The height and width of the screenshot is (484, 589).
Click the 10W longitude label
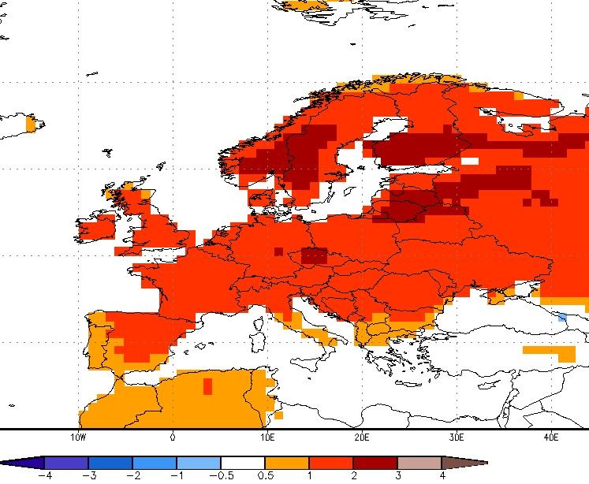tap(78, 437)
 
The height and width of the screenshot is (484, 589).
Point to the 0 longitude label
tap(173, 437)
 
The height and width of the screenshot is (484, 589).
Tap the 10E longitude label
tap(267, 437)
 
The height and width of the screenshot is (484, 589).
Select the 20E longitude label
tap(362, 437)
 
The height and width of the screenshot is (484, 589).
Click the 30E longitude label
tap(457, 437)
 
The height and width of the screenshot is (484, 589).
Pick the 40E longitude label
tap(551, 437)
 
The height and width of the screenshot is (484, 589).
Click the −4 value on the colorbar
tap(45, 476)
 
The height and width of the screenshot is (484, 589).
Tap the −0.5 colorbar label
tap(222, 476)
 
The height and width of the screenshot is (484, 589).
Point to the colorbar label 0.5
tap(265, 476)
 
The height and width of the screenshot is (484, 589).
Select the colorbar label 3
tap(398, 476)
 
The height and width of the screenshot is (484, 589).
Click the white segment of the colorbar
tap(243, 463)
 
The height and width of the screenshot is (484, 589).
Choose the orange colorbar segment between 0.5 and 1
tap(287, 463)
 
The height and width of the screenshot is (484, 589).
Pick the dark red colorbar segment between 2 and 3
tap(375, 463)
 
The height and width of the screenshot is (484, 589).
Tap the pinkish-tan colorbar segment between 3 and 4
tap(419, 463)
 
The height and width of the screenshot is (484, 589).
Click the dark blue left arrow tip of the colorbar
tap(3, 463)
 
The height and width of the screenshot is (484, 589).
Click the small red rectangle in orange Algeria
tap(207, 386)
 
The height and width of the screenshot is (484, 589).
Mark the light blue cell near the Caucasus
tap(562, 318)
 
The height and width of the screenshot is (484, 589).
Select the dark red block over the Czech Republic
tap(315, 256)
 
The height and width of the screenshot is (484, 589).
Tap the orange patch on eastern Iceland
tap(31, 125)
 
